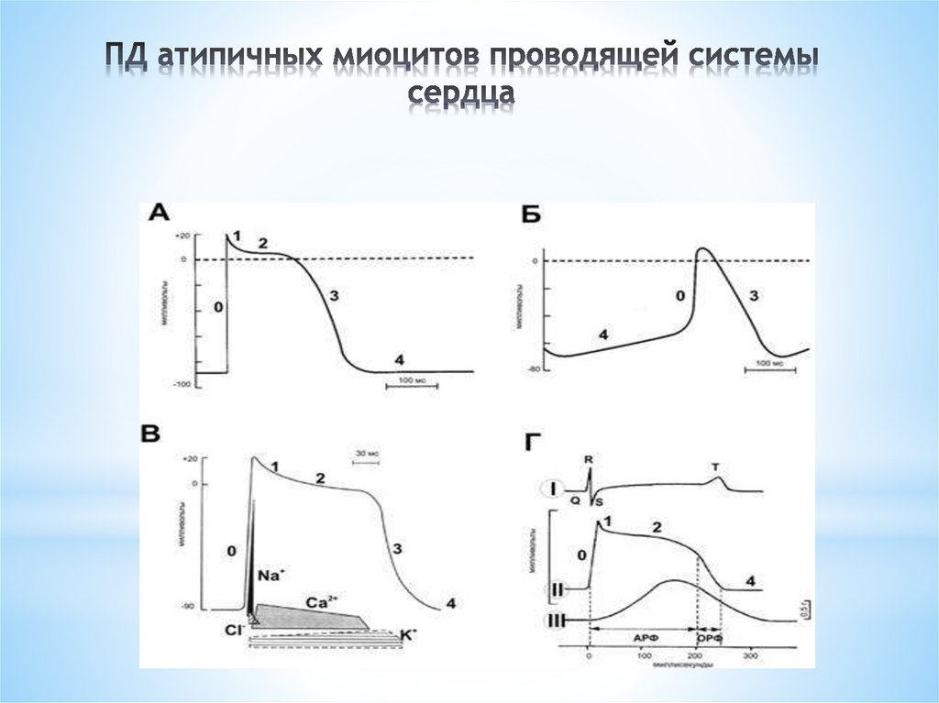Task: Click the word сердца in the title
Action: coord(461,94)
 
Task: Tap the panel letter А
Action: coord(159,214)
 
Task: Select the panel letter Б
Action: coord(529,214)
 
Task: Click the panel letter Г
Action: coord(532,445)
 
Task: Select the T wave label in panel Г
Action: coord(715,467)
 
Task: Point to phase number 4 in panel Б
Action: coord(602,335)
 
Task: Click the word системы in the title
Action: coord(733,57)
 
